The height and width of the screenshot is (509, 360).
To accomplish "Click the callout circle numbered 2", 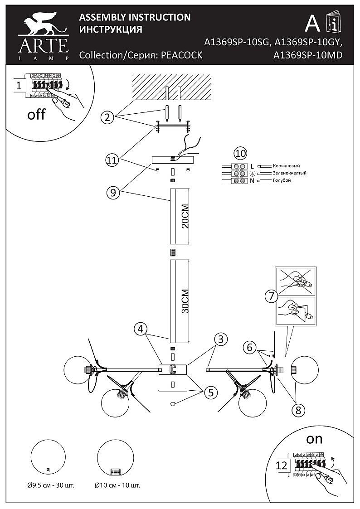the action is [x=107, y=117].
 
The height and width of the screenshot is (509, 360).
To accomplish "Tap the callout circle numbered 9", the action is [x=113, y=193].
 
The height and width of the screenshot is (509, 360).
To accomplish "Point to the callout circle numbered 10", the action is [x=241, y=153].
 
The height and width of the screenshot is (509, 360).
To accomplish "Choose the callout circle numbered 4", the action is [x=140, y=329].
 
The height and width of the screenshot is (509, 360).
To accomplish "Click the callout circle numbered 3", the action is [x=221, y=339].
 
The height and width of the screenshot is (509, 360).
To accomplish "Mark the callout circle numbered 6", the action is [x=249, y=347].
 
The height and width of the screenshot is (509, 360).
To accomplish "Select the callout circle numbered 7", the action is [x=272, y=296].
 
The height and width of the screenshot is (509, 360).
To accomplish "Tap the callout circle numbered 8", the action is [x=298, y=410].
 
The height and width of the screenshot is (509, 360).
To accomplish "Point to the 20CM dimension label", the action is [x=185, y=217].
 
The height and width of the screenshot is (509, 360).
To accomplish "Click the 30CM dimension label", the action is [x=185, y=301].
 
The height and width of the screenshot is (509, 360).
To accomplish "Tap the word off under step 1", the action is [x=36, y=114].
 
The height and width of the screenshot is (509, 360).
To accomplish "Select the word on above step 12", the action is [x=314, y=440].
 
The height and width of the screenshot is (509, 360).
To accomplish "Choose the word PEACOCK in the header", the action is [x=182, y=55].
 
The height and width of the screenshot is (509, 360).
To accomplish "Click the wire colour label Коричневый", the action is [x=286, y=166].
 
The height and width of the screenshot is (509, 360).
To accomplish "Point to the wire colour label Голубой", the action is [x=282, y=180].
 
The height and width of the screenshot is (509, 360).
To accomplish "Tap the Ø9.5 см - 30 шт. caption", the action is [x=51, y=486].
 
